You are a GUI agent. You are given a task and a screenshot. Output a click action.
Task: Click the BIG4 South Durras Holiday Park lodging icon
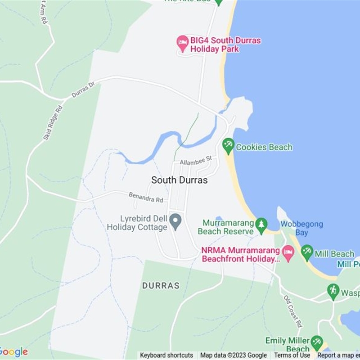click(x=182, y=43)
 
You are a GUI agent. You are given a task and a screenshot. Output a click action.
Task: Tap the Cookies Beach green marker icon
click(x=228, y=145)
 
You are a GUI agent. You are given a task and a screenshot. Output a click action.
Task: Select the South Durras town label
click(x=180, y=180)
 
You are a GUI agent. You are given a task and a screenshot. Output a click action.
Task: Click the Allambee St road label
click(x=196, y=160)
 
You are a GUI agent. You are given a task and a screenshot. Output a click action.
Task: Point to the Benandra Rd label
click(x=146, y=197)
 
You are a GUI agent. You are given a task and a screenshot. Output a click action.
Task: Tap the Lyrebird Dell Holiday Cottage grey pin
click(x=175, y=220)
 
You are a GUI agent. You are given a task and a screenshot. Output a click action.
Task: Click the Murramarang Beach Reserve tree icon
click(x=261, y=224)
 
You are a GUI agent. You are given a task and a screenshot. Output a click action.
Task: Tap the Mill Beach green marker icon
click(x=307, y=252)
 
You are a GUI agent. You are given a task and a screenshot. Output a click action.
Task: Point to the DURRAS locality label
click(x=161, y=285)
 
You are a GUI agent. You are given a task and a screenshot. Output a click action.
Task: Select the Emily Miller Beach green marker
click(x=317, y=343)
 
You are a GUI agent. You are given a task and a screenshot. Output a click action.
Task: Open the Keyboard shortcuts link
click(x=166, y=355)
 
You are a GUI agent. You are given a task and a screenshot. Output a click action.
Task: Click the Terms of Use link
click(x=292, y=355)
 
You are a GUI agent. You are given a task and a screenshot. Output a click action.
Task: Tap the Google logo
click(x=13, y=352)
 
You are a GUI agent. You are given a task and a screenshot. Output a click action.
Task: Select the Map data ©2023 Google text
click(x=234, y=355)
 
